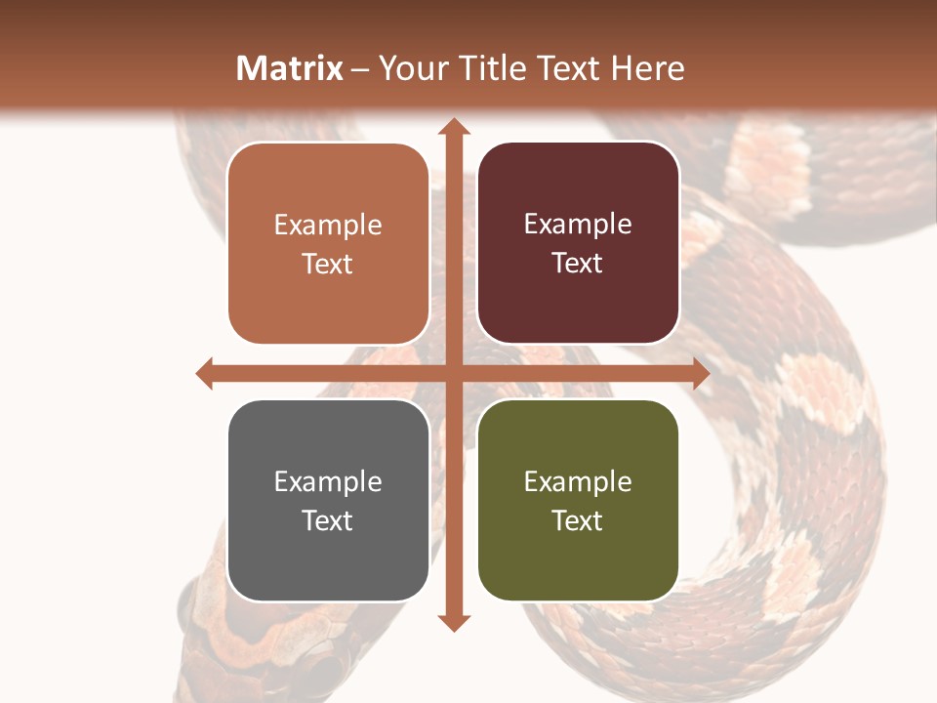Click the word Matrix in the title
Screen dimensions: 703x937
[290, 68]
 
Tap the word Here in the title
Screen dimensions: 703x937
[648, 68]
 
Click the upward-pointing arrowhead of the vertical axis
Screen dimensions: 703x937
[453, 127]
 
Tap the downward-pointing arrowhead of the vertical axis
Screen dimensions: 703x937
[453, 622]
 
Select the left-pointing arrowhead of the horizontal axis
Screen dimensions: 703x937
[205, 373]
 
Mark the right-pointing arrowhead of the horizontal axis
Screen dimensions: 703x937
[700, 373]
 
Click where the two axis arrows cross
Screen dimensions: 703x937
[453, 373]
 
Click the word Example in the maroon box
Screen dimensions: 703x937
[578, 225]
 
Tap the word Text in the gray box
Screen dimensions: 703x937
[328, 520]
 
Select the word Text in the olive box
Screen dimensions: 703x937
[578, 520]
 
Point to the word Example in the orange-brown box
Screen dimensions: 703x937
[328, 226]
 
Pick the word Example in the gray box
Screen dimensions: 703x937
[328, 481]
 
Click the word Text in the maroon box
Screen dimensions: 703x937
[578, 264]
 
